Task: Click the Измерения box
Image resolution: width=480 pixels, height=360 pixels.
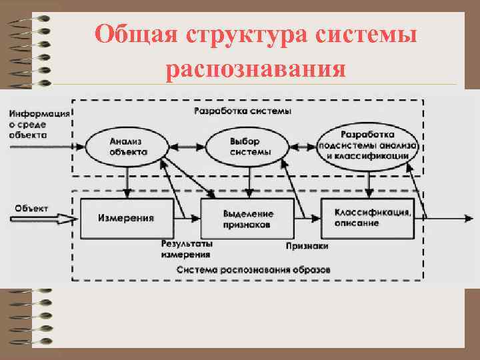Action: (x=126, y=217)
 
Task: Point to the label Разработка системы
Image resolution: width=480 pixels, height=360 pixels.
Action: (x=242, y=111)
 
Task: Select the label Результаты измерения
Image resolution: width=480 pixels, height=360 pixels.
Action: (x=185, y=249)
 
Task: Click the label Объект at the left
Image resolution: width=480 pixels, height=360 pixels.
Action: (x=31, y=207)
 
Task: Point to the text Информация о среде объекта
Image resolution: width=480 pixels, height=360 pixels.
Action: (x=38, y=123)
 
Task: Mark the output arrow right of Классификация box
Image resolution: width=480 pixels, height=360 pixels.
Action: (x=447, y=217)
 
